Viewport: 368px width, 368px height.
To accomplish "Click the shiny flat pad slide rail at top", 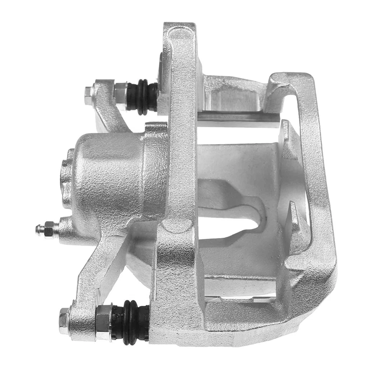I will click(x=238, y=117).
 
